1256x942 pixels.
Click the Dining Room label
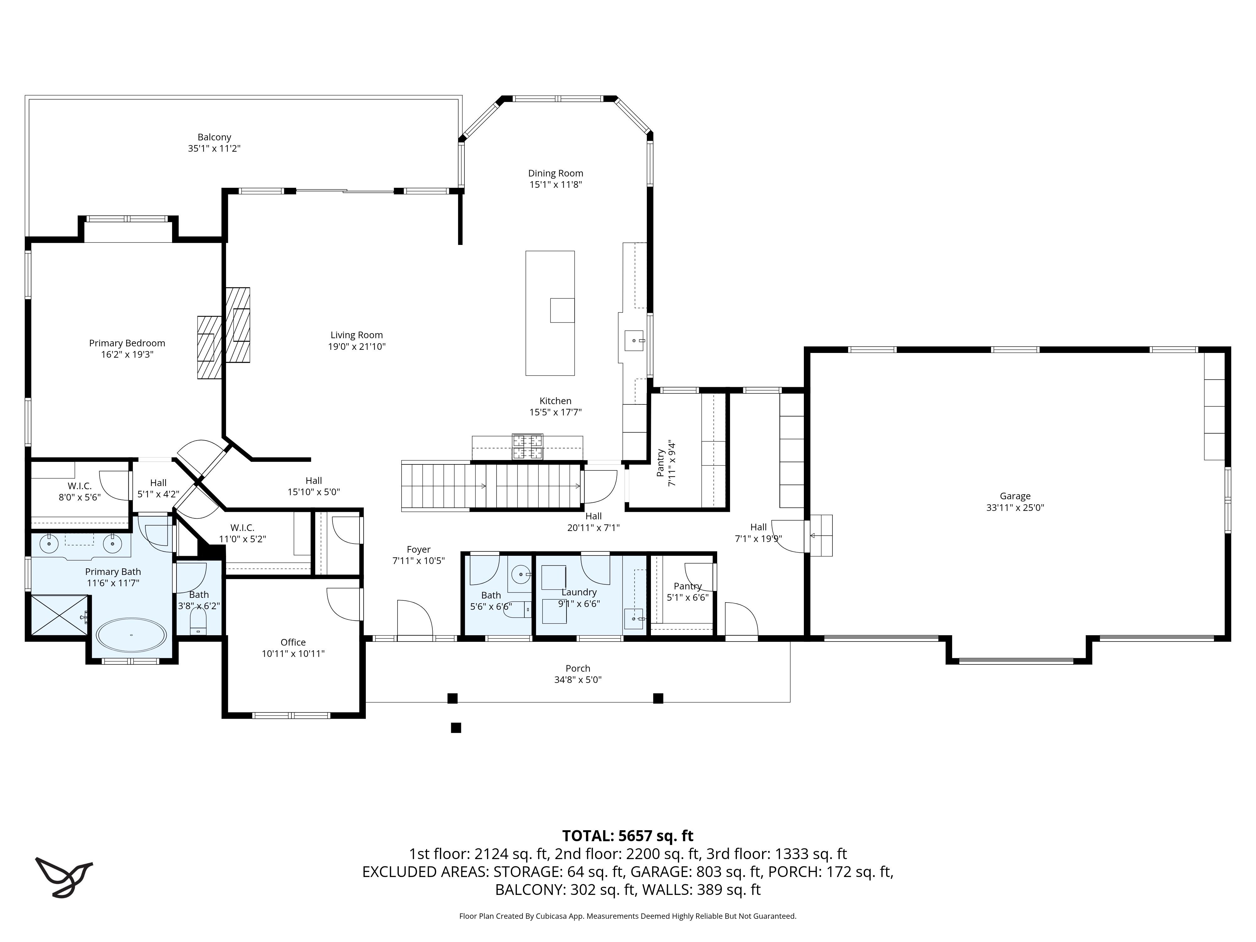[x=555, y=173]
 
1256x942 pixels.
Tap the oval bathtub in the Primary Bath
[x=131, y=635]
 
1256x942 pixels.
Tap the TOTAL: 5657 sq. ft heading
[x=627, y=836]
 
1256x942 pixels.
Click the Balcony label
[x=214, y=137]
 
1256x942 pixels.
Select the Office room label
[x=293, y=642]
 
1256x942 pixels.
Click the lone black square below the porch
[x=455, y=727]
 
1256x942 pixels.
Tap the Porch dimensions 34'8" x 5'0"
[x=577, y=680]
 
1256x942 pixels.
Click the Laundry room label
[x=579, y=592]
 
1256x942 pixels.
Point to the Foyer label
[x=419, y=549]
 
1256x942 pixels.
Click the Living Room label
[x=357, y=335]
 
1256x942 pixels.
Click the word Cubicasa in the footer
[x=549, y=916]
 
